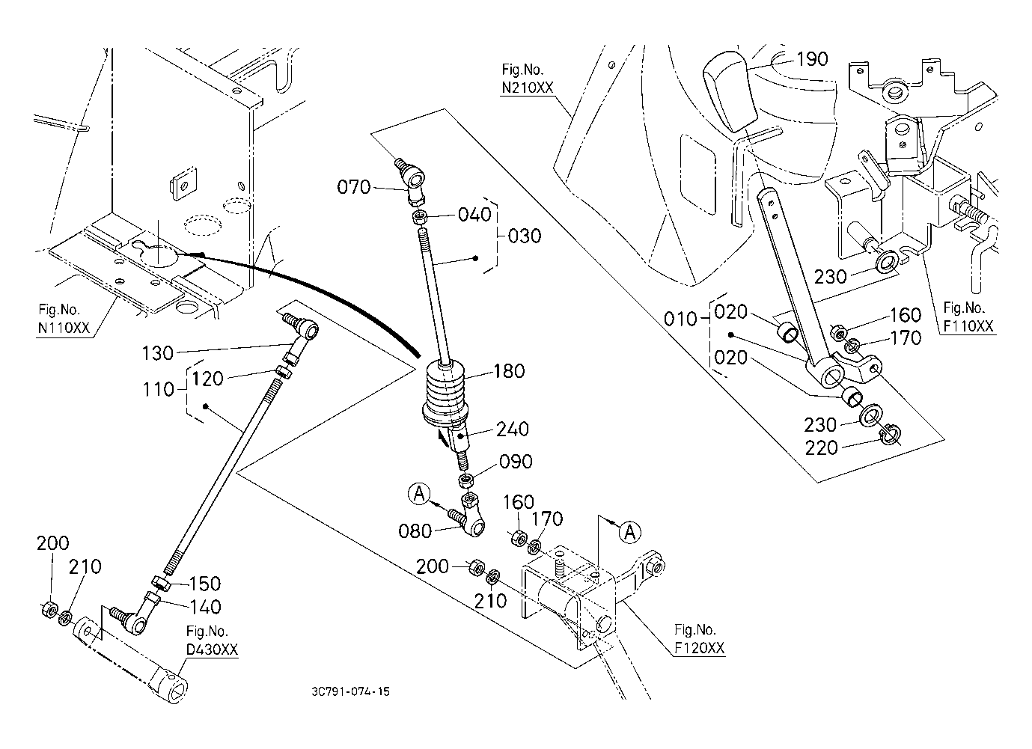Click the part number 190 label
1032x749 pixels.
click(812, 59)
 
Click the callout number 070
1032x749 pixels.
click(354, 187)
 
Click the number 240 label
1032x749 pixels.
click(513, 429)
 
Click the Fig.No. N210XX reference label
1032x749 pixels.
click(528, 78)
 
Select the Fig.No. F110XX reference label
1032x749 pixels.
click(968, 317)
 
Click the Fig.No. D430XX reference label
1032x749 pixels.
click(212, 641)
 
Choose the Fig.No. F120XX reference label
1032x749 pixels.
click(699, 639)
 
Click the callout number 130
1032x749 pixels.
click(157, 352)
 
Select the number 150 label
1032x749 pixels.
click(204, 583)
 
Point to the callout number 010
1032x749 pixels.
click(680, 320)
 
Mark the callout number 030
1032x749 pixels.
click(524, 236)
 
